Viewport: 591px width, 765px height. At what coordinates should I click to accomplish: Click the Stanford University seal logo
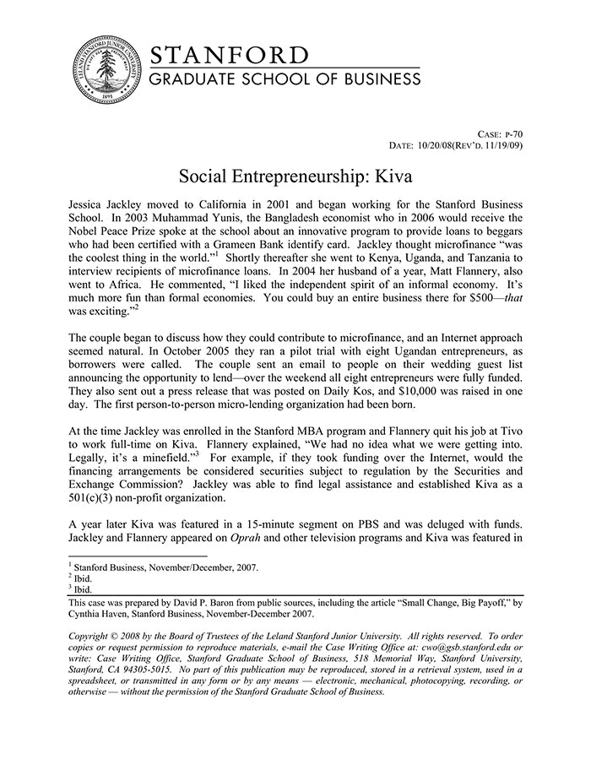click(101, 71)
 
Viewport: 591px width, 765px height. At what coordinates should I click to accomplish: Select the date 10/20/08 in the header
click(436, 146)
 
